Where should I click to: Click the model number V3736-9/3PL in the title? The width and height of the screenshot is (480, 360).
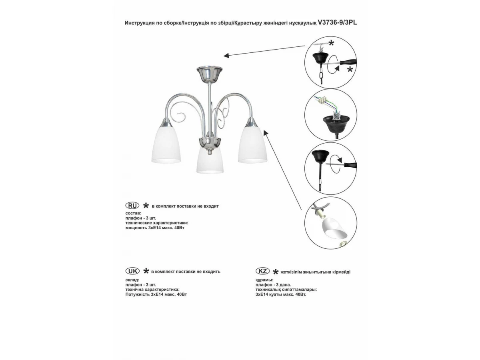(337, 23)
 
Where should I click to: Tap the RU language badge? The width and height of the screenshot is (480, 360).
(132, 206)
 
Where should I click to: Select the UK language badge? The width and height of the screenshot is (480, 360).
(132, 271)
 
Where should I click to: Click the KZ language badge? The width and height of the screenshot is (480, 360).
(262, 271)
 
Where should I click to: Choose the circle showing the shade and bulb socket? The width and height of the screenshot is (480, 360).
(330, 223)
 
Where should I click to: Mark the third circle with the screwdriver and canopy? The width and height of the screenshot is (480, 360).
(330, 168)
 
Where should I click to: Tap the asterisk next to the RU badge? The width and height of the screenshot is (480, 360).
(146, 206)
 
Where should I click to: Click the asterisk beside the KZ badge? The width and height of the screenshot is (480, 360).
(276, 272)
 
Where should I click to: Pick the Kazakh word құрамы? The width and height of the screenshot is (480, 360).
(264, 280)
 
